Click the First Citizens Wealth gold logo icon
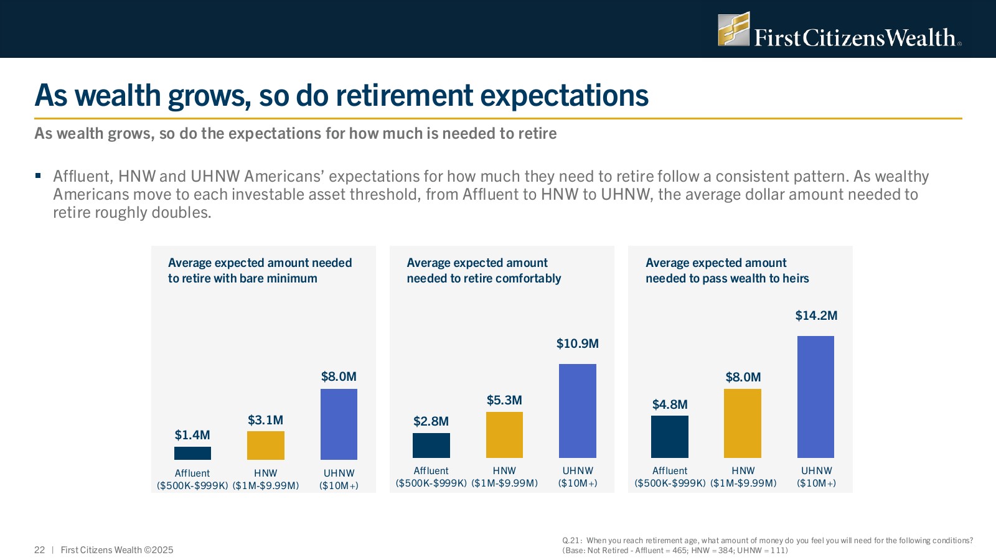click(733, 29)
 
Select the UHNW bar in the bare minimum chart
click(339, 424)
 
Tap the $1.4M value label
click(192, 435)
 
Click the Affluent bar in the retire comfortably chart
click(431, 446)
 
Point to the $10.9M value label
click(577, 343)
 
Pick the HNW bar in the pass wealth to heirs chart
click(743, 423)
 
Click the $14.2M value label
click(816, 315)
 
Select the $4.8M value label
click(670, 404)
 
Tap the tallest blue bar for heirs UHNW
click(815, 397)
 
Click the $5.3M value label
click(504, 400)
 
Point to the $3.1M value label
click(265, 420)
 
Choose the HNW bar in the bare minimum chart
click(266, 446)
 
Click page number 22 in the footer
click(40, 550)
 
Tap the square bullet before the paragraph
click(38, 176)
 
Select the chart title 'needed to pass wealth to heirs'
click(727, 278)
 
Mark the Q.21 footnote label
click(571, 541)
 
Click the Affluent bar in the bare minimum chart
click(192, 453)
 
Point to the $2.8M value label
click(431, 421)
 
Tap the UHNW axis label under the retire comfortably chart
click(578, 471)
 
